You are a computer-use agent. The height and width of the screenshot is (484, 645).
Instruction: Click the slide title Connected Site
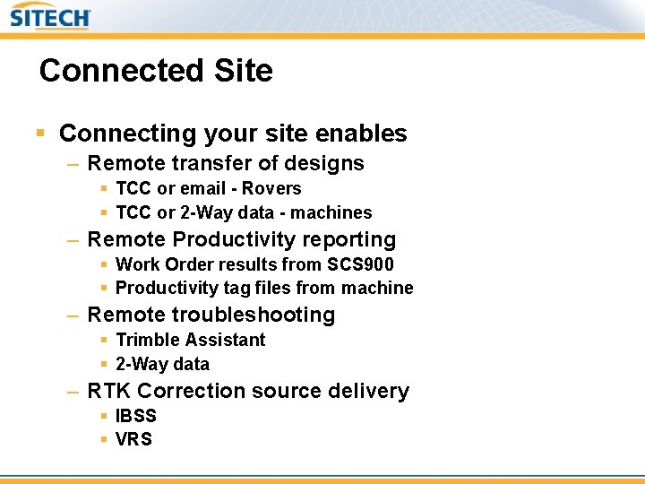[x=156, y=70]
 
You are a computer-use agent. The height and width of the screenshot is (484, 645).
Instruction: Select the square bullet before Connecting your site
[x=39, y=134]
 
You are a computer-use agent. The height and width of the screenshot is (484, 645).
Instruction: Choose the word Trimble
[x=148, y=340]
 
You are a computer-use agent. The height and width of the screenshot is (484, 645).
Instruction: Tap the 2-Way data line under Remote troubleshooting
[x=162, y=364]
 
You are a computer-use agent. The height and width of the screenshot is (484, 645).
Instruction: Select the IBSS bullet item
[x=136, y=416]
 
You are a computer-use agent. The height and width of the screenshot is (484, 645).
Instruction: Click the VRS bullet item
[x=134, y=439]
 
